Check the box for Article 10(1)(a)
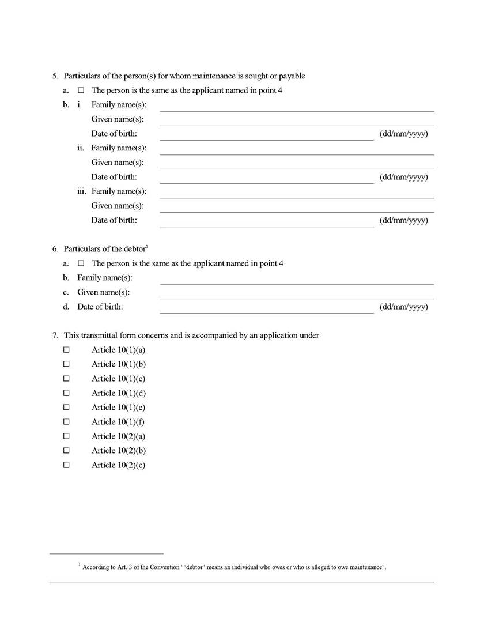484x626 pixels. pyautogui.click(x=66, y=350)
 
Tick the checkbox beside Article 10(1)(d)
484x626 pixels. pyautogui.click(x=66, y=393)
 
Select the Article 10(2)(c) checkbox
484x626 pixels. pyautogui.click(x=66, y=465)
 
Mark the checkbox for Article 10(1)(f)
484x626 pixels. pyautogui.click(x=66, y=422)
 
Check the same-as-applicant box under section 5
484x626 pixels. pyautogui.click(x=81, y=90)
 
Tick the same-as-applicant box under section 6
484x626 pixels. pyautogui.click(x=81, y=263)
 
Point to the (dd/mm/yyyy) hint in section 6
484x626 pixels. pyautogui.click(x=403, y=307)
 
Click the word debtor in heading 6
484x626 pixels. pyautogui.click(x=134, y=249)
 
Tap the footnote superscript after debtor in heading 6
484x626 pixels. pyautogui.click(x=148, y=247)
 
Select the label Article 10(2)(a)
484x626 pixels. pyautogui.click(x=118, y=436)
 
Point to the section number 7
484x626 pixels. pyautogui.click(x=55, y=335)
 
